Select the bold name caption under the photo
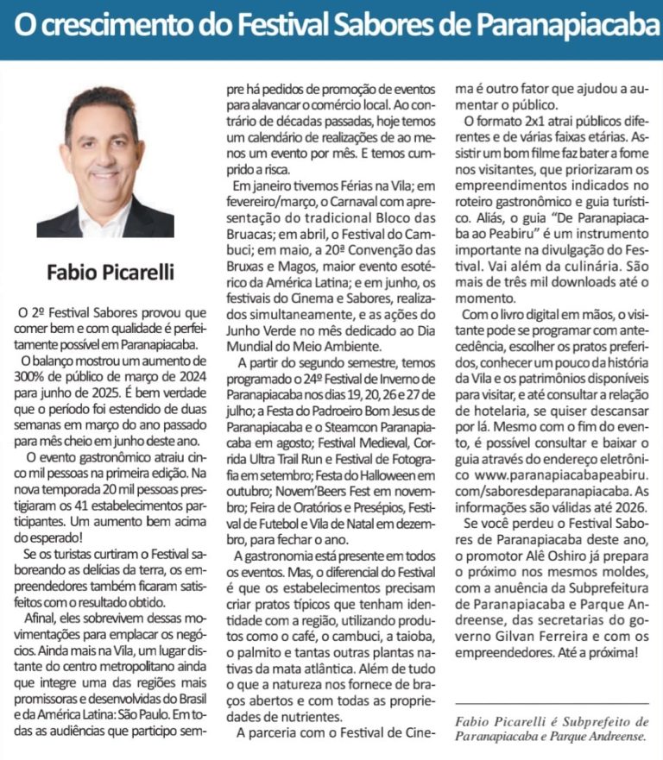(110, 273)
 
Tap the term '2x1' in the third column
(522, 122)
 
